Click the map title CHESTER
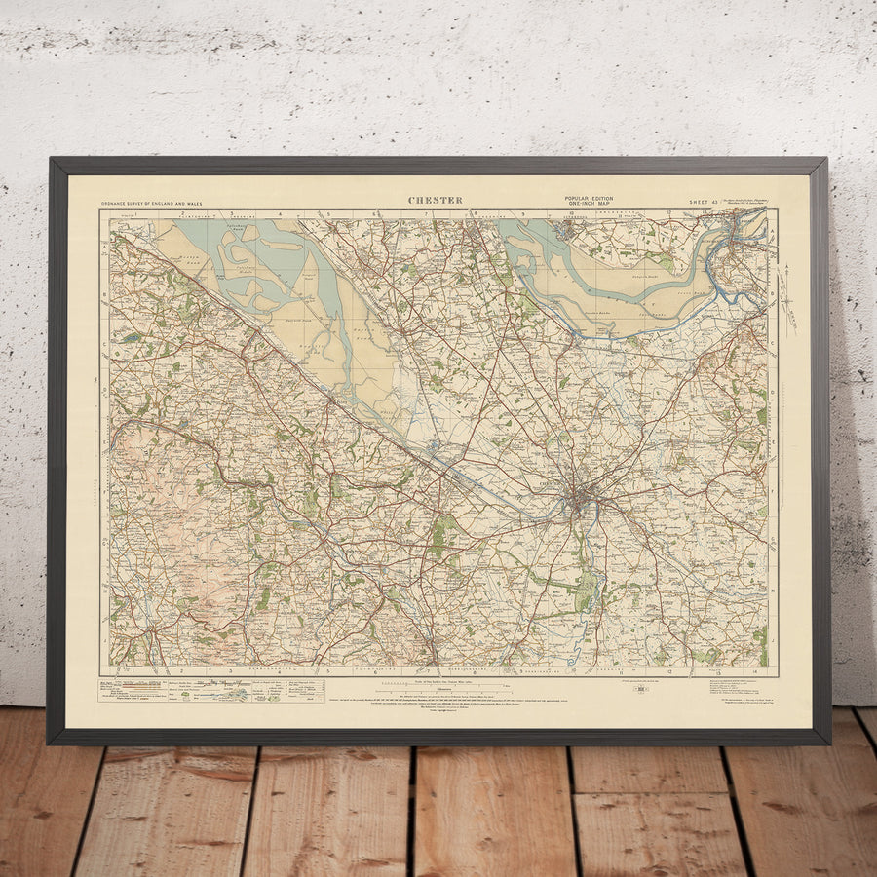(435, 201)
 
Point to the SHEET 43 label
(702, 202)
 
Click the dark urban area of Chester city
(581, 501)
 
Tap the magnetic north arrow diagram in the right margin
(788, 303)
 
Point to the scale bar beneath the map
(436, 684)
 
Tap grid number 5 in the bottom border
(328, 671)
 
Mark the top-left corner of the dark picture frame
(51, 160)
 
